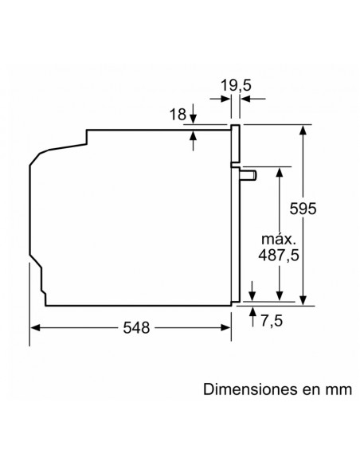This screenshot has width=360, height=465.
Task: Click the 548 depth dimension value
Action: pos(136,328)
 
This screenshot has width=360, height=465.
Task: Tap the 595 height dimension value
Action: pos(303,209)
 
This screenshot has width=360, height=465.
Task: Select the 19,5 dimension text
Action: pos(236,86)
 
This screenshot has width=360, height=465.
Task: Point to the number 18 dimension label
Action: pos(178,114)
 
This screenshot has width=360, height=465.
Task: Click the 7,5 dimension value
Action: pos(272,321)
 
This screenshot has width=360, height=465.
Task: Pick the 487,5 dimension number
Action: pos(279,255)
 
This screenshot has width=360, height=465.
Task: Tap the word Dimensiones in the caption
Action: pos(250,389)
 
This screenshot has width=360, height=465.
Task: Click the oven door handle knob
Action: pos(248,175)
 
